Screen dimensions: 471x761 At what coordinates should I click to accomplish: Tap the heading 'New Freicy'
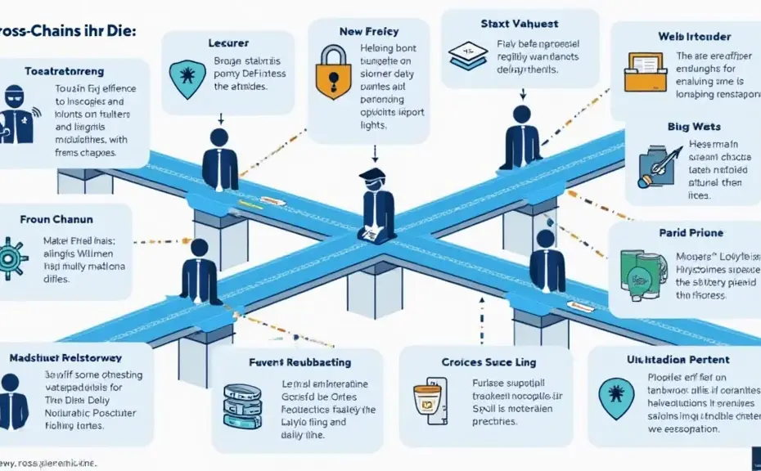368,31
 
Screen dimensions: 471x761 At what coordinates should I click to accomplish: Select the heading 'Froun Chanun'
56,220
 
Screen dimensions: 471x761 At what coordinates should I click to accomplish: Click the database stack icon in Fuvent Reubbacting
241,406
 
